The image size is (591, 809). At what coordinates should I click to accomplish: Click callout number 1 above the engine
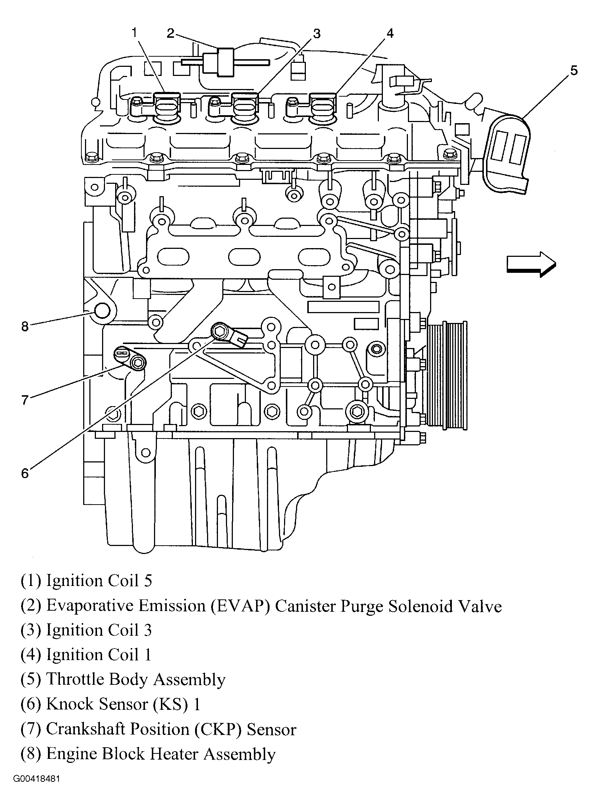[x=134, y=33]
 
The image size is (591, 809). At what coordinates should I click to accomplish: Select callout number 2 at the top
[x=171, y=33]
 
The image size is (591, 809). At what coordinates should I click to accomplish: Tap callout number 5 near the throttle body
[x=573, y=70]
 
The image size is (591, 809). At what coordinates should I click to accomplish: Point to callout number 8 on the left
[x=25, y=327]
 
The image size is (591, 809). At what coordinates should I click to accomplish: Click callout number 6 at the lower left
[x=25, y=473]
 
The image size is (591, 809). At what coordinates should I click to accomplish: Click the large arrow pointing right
[x=531, y=264]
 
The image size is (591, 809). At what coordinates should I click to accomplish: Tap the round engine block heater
[x=102, y=311]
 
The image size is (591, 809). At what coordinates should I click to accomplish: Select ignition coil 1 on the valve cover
[x=323, y=107]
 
